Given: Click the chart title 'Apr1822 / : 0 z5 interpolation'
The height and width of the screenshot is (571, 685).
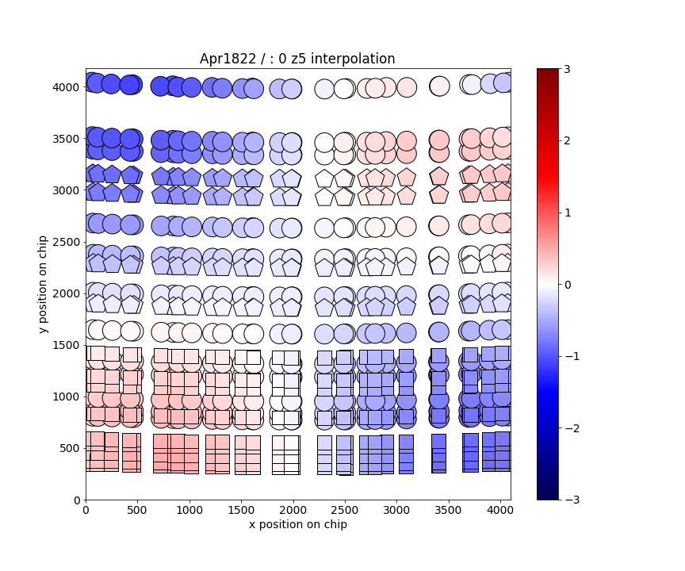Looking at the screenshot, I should click(x=297, y=59).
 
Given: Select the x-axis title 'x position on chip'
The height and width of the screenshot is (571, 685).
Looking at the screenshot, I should click(x=297, y=524).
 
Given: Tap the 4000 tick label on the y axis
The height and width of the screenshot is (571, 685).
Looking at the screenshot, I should click(x=65, y=86).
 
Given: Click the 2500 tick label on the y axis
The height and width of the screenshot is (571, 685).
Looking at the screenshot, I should click(x=65, y=242).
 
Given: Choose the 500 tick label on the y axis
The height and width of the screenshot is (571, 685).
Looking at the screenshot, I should click(x=68, y=448).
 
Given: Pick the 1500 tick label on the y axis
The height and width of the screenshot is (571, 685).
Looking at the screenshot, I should click(x=65, y=345).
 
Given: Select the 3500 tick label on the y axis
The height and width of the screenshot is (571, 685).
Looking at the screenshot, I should click(x=65, y=139).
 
